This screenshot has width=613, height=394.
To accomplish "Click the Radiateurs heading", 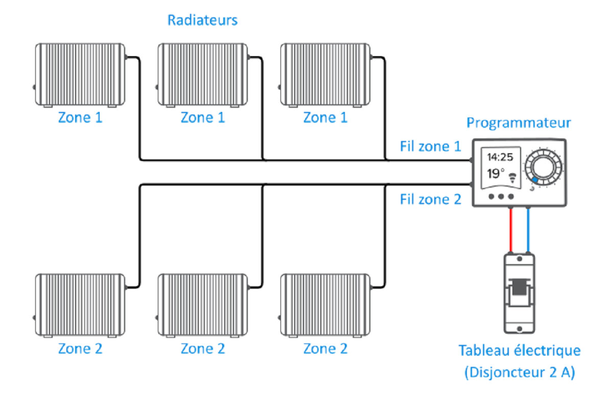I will coord(203,20).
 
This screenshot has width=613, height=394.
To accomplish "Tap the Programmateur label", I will coord(518,123).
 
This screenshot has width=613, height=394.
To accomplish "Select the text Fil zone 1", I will coord(430,147).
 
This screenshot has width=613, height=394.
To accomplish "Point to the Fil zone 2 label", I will coord(430,199).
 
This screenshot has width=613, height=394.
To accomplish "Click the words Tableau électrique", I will coord(520,351).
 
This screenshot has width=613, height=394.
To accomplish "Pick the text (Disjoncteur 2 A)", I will coord(520,373).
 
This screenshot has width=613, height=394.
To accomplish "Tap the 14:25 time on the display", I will coord(500,157).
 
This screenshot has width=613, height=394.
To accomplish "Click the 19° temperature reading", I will coord(495,174).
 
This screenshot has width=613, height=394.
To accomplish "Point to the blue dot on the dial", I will coord(534,180).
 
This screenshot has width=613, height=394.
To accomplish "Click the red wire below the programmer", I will coord(511,230).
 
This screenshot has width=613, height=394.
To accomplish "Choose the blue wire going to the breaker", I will coord(528,230).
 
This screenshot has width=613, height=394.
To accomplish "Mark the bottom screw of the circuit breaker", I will coord(520,328).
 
